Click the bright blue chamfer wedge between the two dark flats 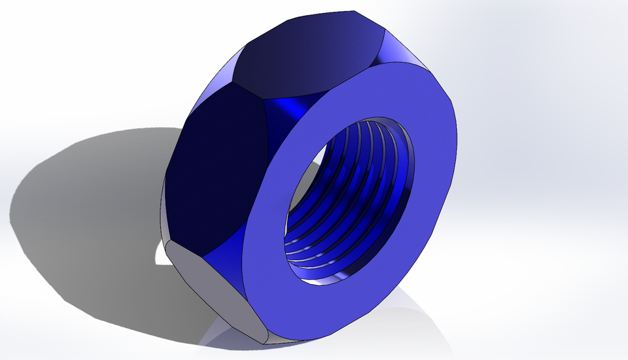(x=294, y=111)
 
